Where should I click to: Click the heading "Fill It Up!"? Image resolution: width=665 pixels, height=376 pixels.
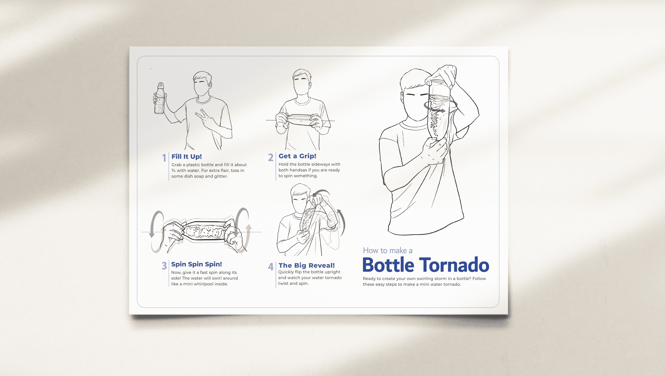point(187,156)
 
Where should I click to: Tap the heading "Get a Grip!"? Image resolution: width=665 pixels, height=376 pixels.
point(297,156)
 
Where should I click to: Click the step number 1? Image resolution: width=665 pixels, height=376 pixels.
point(164,158)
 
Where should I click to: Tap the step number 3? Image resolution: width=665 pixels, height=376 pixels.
point(164,266)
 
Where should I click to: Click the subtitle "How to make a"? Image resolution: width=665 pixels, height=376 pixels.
point(388,250)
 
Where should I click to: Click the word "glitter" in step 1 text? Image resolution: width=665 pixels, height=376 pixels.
point(221,176)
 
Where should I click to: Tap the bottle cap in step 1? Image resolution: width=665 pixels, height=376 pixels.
point(161,85)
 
